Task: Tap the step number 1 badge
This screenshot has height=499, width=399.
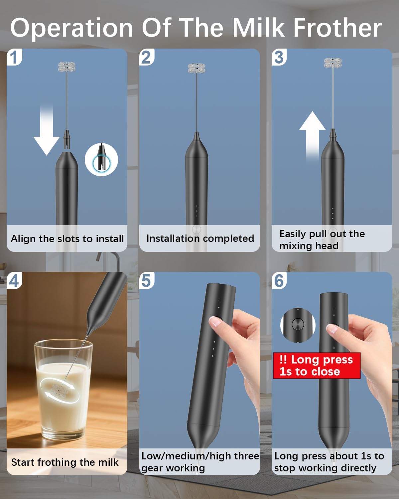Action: [x=14, y=57]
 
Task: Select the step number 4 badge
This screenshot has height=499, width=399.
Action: [x=14, y=281]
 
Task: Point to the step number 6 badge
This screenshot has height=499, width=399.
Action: [x=279, y=281]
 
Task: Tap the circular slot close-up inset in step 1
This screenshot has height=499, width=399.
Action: [x=101, y=160]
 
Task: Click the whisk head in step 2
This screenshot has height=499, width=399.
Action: [x=197, y=68]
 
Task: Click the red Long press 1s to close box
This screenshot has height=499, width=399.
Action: [x=316, y=366]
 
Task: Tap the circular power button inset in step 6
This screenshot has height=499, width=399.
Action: [x=298, y=324]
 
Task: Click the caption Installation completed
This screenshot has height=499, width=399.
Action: [x=200, y=239]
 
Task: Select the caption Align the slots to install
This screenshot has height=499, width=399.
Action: [x=67, y=239]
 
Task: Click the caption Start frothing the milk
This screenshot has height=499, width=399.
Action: [x=65, y=462]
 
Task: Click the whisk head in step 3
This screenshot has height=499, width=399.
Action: [x=333, y=63]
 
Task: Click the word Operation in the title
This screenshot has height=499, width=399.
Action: [x=72, y=28]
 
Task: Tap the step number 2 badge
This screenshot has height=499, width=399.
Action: [x=146, y=57]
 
